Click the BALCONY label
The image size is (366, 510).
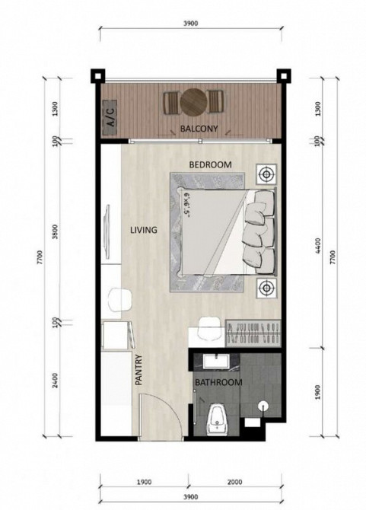(x=199, y=129)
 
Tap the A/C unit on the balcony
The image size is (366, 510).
(x=110, y=117)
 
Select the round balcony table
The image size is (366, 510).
(x=193, y=101)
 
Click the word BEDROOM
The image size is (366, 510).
(x=210, y=164)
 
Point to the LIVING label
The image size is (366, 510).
(x=144, y=230)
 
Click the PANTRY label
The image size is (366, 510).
(x=138, y=370)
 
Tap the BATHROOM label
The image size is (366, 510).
(x=218, y=382)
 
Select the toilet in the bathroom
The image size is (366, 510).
(x=217, y=418)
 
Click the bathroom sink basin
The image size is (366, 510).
(x=216, y=362)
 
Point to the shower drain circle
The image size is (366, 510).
(x=263, y=406)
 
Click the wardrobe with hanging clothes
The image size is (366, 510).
(x=253, y=333)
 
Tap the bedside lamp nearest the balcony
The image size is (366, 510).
(x=266, y=174)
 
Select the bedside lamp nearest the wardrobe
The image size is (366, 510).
(x=266, y=288)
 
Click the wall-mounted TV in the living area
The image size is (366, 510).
(x=106, y=228)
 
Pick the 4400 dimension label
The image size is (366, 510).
(x=318, y=246)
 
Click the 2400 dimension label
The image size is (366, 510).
(x=55, y=381)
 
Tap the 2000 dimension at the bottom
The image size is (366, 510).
(x=234, y=482)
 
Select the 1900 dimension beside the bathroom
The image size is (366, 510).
(x=318, y=392)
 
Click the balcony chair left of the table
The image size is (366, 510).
(x=171, y=103)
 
